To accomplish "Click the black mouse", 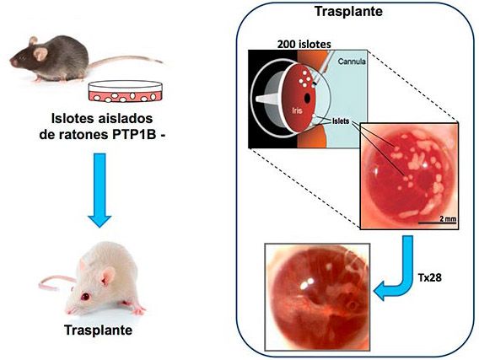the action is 52,60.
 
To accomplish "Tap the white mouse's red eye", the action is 85,296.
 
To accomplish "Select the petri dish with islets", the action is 126,92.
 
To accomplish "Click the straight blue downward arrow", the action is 100,190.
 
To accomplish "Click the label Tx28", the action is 429,277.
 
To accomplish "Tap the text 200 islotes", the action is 304,45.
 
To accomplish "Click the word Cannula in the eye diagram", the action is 352,62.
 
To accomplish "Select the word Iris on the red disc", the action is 297,110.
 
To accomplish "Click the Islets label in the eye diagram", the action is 341,121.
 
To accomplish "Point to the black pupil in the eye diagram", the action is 307,98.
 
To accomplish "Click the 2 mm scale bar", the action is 437,223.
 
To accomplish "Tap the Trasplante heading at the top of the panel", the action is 348,12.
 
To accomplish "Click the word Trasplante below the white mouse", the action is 99,330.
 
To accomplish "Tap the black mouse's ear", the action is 40,53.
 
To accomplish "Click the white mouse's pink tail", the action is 57,282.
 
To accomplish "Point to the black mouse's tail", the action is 126,61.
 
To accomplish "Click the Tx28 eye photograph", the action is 317,297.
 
